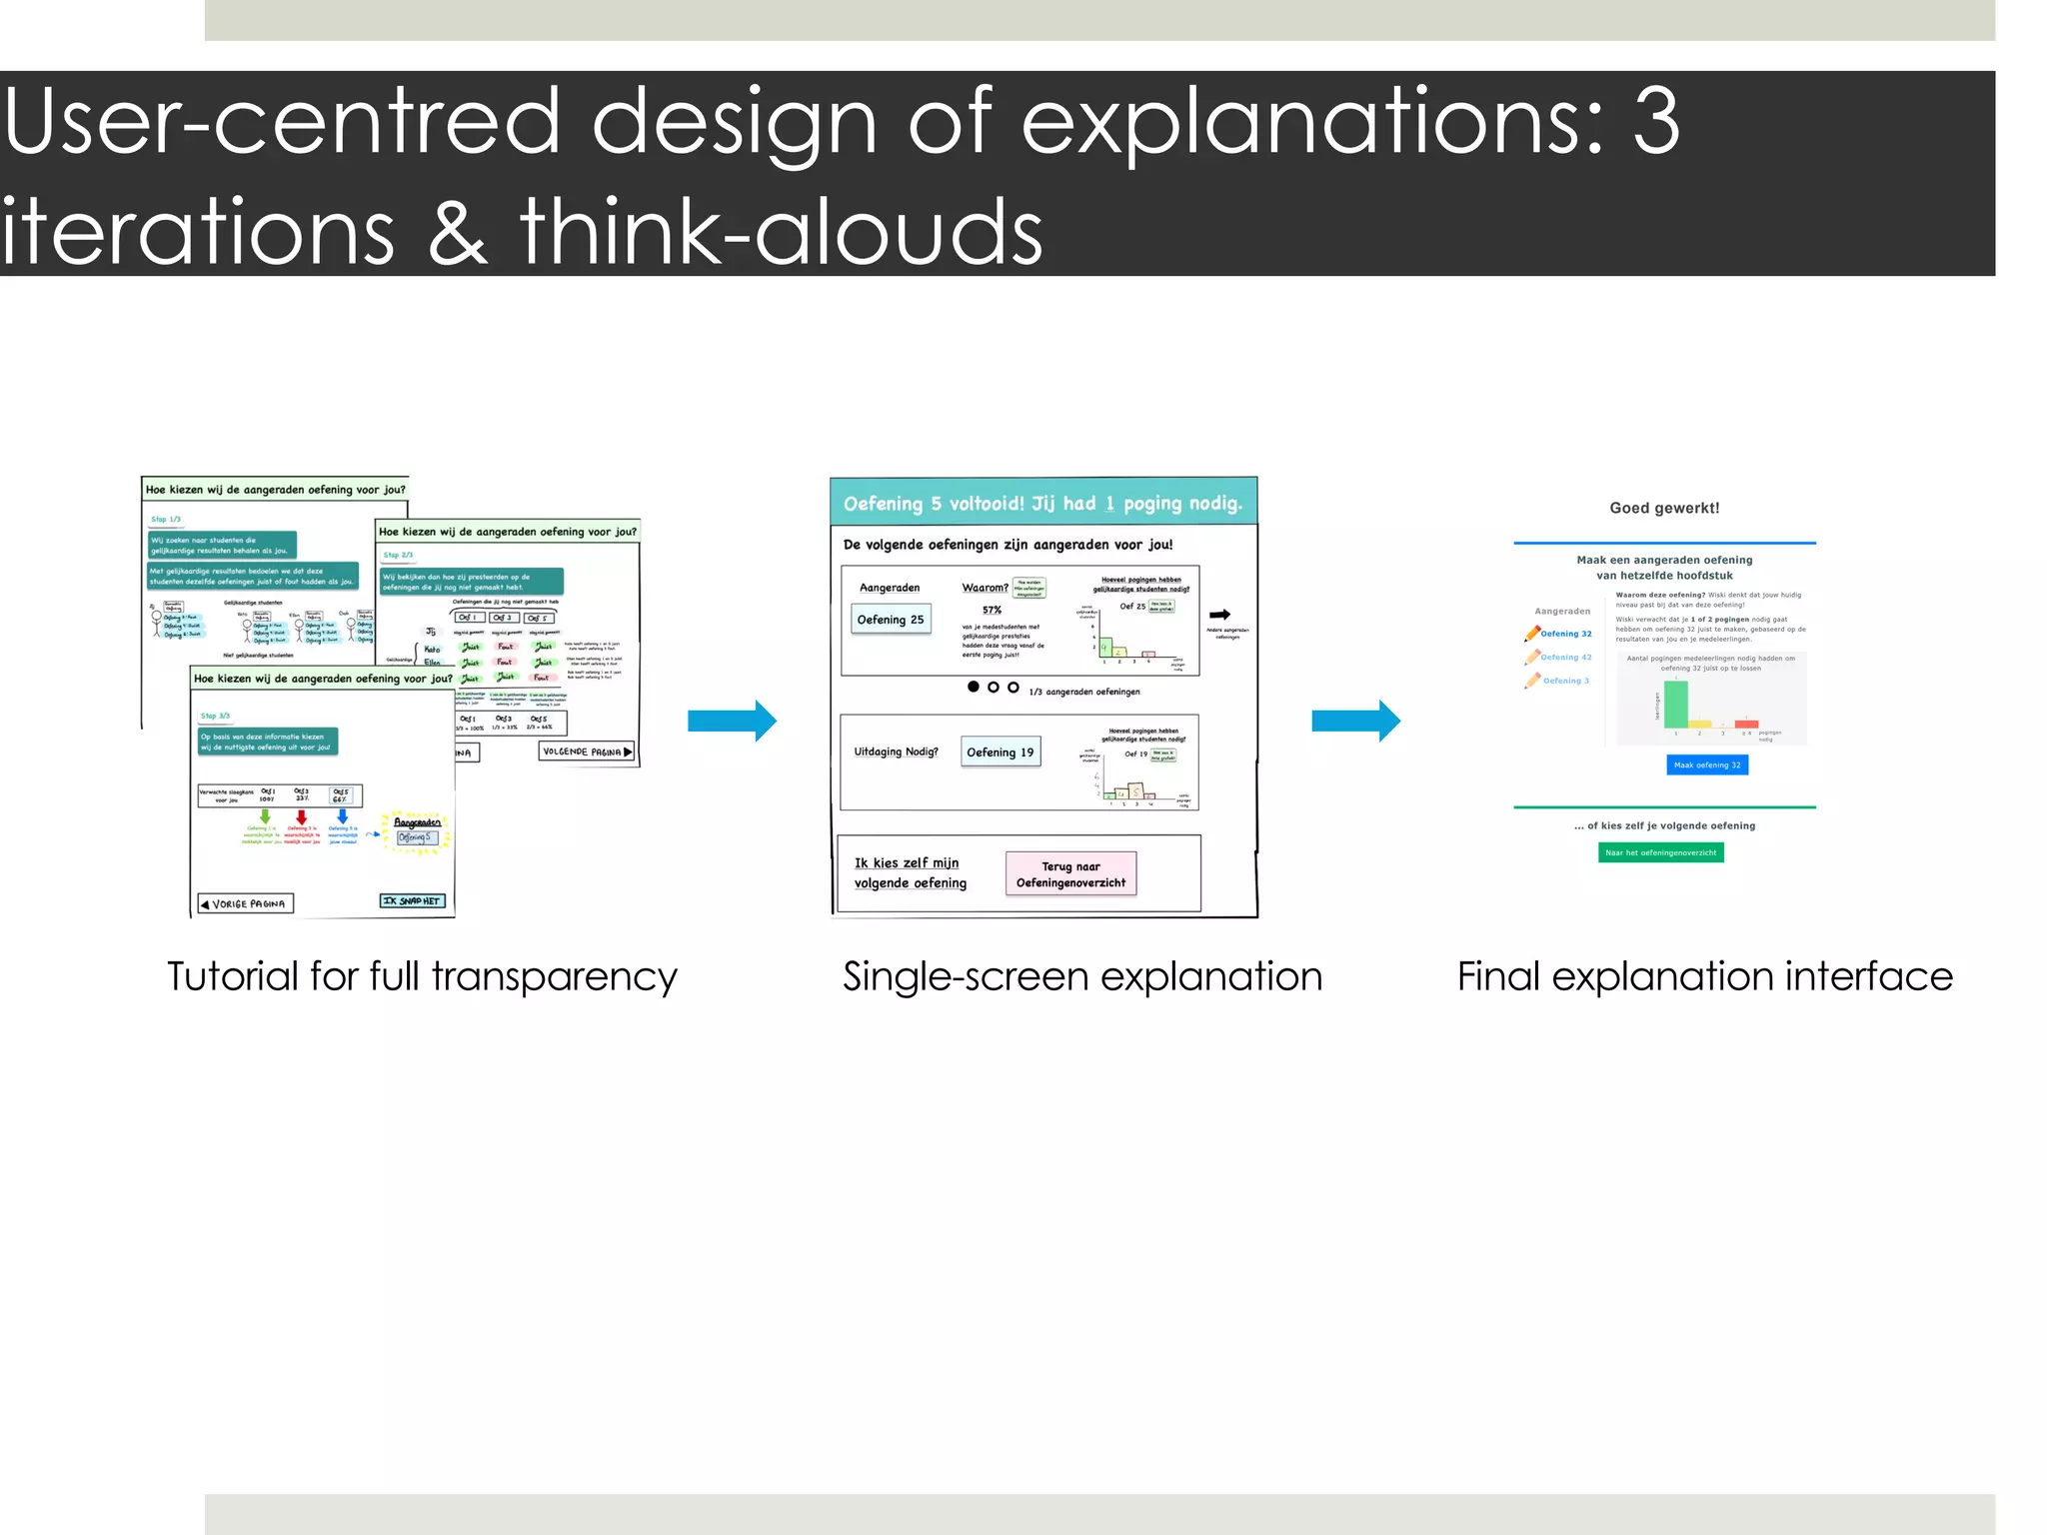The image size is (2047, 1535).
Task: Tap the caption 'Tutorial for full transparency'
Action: click(x=422, y=976)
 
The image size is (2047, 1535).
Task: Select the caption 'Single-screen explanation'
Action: click(x=1081, y=976)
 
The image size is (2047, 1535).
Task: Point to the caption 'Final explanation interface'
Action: click(x=1704, y=976)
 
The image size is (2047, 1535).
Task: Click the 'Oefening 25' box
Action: click(x=890, y=620)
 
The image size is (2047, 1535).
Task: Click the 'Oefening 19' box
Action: click(x=1000, y=753)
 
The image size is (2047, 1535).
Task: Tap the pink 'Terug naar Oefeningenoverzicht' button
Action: click(x=1070, y=874)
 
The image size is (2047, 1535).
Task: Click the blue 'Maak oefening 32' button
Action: click(x=1707, y=765)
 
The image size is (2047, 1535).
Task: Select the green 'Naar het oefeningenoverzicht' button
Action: click(x=1660, y=852)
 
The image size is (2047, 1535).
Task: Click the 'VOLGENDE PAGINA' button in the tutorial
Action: click(x=587, y=752)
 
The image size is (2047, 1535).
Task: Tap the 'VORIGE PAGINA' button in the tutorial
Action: click(x=245, y=903)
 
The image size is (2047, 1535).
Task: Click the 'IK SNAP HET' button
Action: click(x=412, y=900)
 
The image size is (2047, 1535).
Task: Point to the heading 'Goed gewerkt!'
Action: click(x=1664, y=508)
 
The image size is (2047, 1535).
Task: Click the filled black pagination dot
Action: click(x=973, y=687)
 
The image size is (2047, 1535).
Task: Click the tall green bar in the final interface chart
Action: click(x=1675, y=704)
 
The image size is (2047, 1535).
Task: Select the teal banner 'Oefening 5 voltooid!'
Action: click(x=1042, y=503)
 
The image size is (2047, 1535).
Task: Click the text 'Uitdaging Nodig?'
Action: click(x=896, y=752)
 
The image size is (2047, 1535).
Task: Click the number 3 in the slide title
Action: click(x=1656, y=122)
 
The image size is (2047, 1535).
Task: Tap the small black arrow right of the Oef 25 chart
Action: click(x=1219, y=615)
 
